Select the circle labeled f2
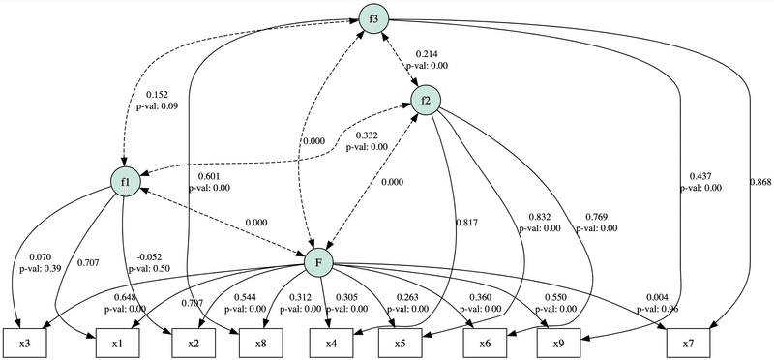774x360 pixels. click(x=426, y=99)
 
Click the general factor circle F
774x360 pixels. click(x=319, y=263)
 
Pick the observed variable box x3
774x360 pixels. click(x=27, y=343)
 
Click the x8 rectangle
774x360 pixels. click(x=260, y=343)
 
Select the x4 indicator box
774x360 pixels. click(x=330, y=343)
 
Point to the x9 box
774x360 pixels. click(x=558, y=343)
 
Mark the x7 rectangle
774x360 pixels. click(x=686, y=343)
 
